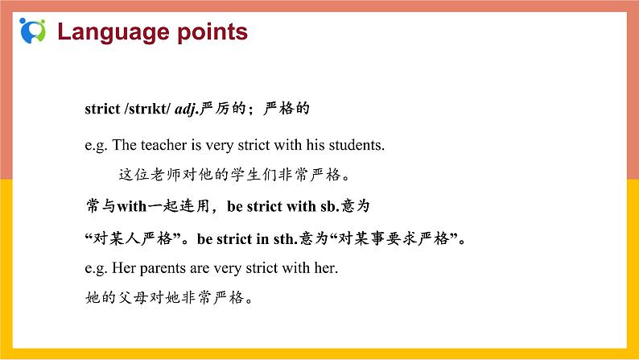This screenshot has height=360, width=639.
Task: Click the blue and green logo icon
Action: (x=33, y=30)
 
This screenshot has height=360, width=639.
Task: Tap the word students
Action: (x=357, y=146)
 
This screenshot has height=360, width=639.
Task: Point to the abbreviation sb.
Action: (x=330, y=206)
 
